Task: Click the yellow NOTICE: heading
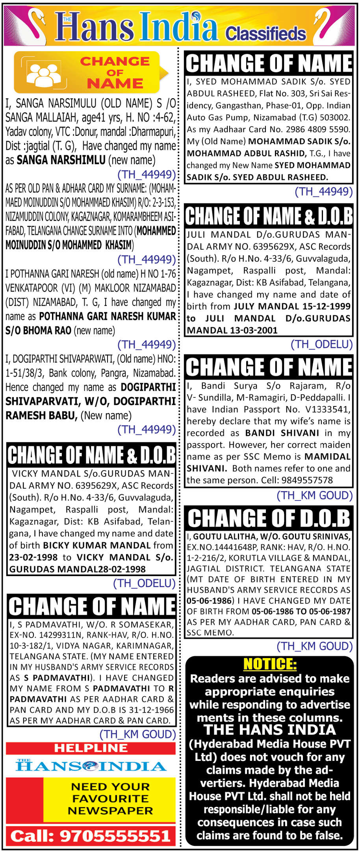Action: [x=270, y=664]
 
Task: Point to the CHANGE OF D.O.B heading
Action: [x=269, y=518]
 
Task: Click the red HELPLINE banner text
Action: [x=91, y=748]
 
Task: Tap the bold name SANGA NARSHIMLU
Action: [x=61, y=160]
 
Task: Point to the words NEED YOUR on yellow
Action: [x=110, y=786]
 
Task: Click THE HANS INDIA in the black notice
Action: [x=270, y=729]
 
